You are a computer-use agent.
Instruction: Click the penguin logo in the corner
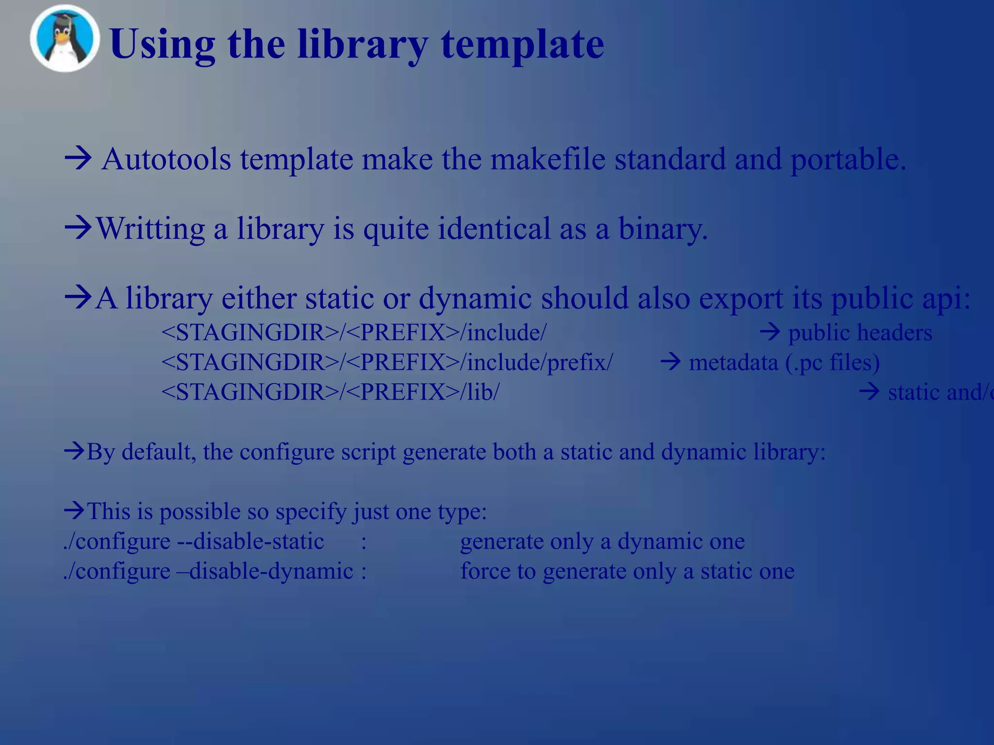click(x=65, y=39)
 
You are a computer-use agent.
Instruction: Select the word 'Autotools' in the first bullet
click(x=166, y=159)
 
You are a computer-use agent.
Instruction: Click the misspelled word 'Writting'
click(x=150, y=228)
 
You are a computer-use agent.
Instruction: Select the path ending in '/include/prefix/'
click(x=387, y=362)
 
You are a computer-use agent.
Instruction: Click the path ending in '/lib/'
click(x=330, y=392)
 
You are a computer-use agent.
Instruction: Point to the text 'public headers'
click(x=860, y=333)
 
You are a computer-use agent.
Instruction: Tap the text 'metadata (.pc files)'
click(x=784, y=362)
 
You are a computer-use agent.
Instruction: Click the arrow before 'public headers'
click(x=769, y=332)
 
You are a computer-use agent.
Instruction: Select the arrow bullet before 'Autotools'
click(x=78, y=158)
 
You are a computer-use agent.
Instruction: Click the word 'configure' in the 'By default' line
click(x=286, y=452)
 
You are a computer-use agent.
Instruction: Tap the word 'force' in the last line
click(x=485, y=571)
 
